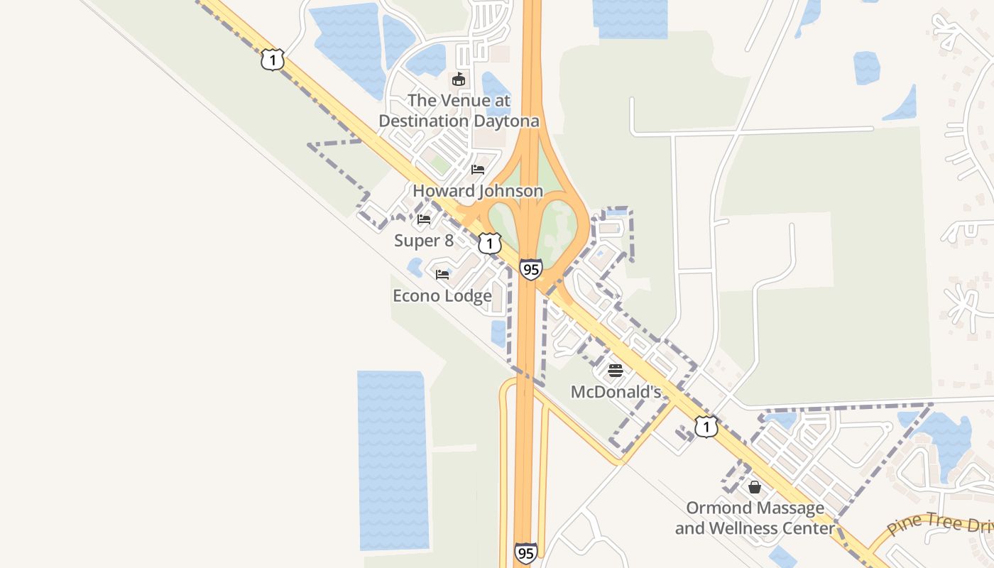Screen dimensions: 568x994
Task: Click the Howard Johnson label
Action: point(478,191)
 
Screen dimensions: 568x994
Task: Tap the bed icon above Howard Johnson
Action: point(478,170)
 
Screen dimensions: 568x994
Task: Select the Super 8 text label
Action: point(424,241)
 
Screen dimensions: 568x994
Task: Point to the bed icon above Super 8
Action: point(424,219)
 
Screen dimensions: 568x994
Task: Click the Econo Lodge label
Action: point(442,295)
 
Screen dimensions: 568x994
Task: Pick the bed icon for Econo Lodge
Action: point(442,274)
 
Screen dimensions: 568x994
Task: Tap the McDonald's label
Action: point(616,392)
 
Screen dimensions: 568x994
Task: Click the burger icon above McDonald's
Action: point(616,370)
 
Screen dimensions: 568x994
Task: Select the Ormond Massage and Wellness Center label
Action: point(755,518)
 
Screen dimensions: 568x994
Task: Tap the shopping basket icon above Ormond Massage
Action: point(755,487)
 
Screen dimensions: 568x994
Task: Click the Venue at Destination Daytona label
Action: point(459,111)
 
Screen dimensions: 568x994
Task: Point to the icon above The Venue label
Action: point(459,79)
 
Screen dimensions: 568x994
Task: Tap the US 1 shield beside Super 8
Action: point(489,244)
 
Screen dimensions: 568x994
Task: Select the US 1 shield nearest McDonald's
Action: point(706,426)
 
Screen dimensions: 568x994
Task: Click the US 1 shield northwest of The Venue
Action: point(272,60)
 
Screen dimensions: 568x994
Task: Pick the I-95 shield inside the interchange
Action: point(530,269)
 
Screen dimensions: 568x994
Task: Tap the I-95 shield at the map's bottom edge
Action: point(525,553)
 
